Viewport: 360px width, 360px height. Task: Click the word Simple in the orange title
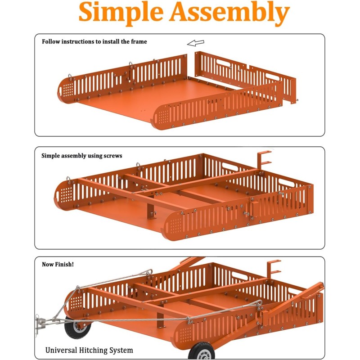click(121, 13)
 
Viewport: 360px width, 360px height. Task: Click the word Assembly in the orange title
click(229, 13)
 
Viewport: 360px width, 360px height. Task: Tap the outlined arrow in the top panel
click(195, 43)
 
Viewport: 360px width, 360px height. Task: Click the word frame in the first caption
click(139, 41)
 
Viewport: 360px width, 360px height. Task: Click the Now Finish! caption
click(58, 264)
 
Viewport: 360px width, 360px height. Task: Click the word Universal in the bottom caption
click(61, 350)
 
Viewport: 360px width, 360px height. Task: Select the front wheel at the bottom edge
click(201, 351)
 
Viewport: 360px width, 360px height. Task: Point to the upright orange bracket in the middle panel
click(264, 160)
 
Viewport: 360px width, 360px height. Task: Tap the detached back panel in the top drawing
click(245, 76)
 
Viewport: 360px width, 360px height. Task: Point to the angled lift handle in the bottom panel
click(292, 305)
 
